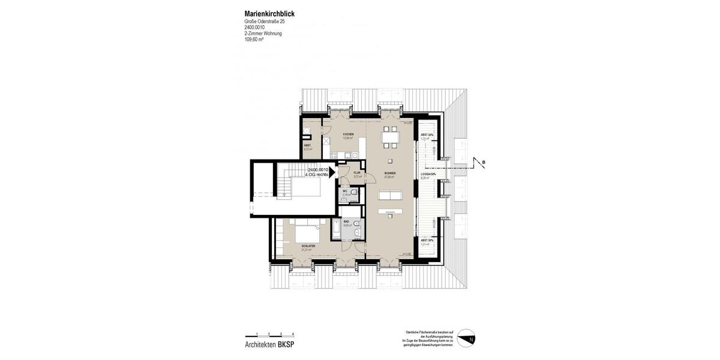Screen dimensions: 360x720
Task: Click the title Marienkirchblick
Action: pos(269,14)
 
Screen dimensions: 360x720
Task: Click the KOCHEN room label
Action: pos(348,134)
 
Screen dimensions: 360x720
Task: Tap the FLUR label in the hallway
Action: pos(357,173)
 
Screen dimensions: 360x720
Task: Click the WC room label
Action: pos(346,191)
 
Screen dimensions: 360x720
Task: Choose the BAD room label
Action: pos(346,222)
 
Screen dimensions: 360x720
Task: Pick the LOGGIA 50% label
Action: pos(428,175)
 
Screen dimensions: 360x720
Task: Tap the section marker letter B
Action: pos(484,162)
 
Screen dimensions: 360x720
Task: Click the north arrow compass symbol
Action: pos(466,339)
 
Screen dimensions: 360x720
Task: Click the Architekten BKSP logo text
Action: pos(269,345)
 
